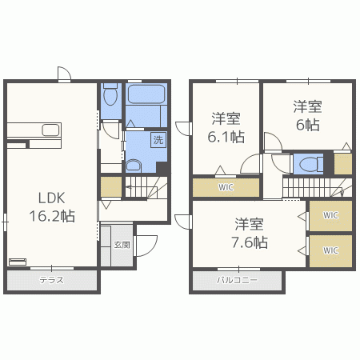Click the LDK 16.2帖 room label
pyautogui.click(x=52, y=207)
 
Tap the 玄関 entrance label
pyautogui.click(x=122, y=245)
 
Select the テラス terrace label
pyautogui.click(x=52, y=280)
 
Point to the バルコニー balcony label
pyautogui.click(x=237, y=280)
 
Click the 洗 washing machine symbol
pyautogui.click(x=158, y=139)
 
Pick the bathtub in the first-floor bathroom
pyautogui.click(x=146, y=94)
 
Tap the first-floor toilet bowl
pyautogui.click(x=110, y=94)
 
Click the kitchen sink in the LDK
pyautogui.click(x=50, y=130)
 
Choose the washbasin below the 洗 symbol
pyautogui.click(x=134, y=166)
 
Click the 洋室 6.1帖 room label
pyautogui.click(x=226, y=128)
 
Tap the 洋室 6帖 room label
pyautogui.click(x=307, y=116)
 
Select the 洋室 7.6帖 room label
pyautogui.click(x=250, y=234)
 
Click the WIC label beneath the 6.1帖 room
pyautogui.click(x=226, y=187)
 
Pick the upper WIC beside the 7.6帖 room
pyautogui.click(x=330, y=215)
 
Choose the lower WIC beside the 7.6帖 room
pyautogui.click(x=330, y=250)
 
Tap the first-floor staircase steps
pyautogui.click(x=146, y=187)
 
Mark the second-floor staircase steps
pyautogui.click(x=318, y=187)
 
